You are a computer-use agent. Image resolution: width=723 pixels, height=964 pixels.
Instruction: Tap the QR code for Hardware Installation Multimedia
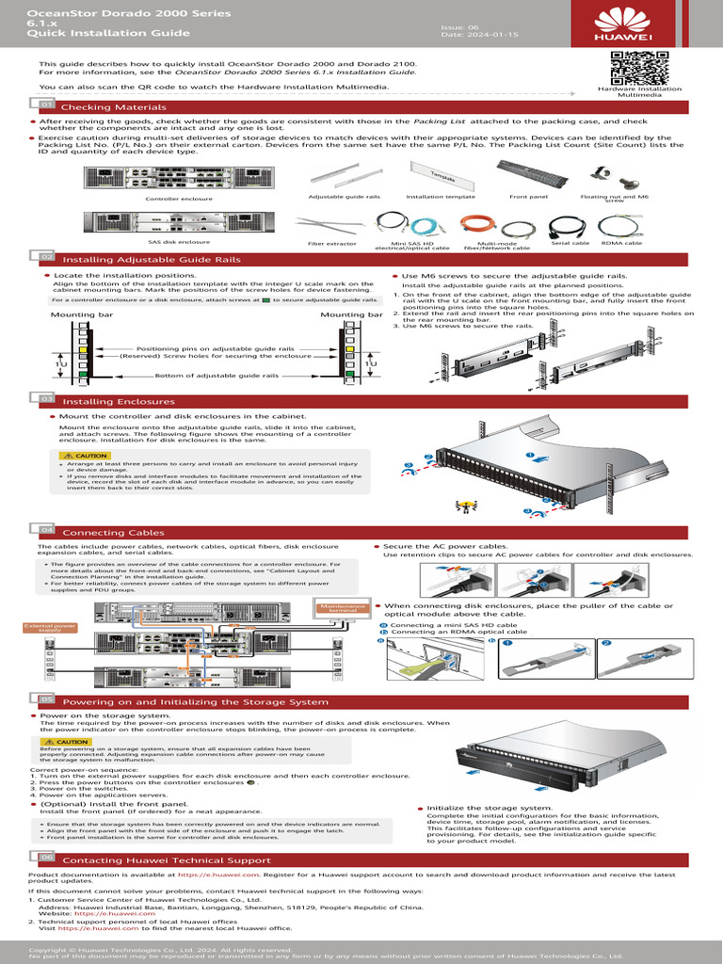639,68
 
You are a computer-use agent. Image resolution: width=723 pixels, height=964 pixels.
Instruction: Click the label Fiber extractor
331,244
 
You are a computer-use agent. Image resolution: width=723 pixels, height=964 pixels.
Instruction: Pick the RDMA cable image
621,225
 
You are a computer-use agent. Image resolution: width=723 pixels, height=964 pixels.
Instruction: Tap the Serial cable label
570,243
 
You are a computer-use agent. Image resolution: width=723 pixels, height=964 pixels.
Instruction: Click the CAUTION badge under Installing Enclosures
86,456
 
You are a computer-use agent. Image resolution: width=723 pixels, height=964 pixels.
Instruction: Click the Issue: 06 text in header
459,28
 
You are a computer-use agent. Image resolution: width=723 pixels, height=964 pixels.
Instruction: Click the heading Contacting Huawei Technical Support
166,860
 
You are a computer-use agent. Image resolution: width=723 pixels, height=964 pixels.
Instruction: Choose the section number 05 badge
45,700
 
